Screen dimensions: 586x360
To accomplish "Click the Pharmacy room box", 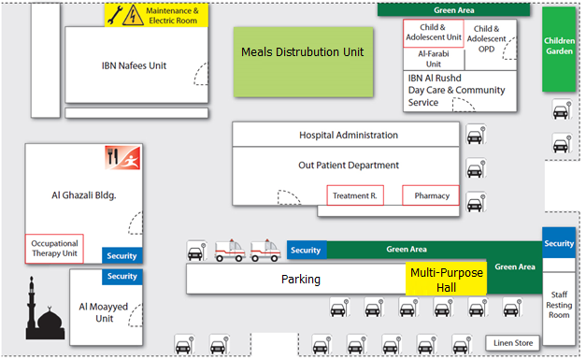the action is (x=431, y=195).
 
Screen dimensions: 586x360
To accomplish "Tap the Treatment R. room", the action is (x=355, y=195).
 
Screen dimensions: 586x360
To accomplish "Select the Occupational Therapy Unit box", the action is (x=54, y=249).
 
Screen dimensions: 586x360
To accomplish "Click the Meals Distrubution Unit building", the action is (x=303, y=62).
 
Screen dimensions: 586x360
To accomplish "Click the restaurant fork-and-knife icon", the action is (x=112, y=157).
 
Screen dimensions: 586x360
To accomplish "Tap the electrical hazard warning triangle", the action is (x=133, y=16).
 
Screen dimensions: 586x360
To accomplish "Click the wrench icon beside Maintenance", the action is (x=115, y=16).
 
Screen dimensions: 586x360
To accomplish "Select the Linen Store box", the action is (x=513, y=343).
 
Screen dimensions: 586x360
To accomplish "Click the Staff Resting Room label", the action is (x=559, y=305).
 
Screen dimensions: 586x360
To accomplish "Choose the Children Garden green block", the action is (x=559, y=49).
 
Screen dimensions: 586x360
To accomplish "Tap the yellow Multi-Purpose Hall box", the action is (x=446, y=279).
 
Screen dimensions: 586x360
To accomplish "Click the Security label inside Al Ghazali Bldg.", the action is (x=121, y=255).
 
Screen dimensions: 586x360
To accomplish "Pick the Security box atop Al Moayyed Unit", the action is (x=122, y=277).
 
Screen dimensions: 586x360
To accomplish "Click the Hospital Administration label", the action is (x=349, y=135).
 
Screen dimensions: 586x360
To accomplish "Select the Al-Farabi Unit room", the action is (x=434, y=59).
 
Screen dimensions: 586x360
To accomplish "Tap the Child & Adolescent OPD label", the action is (x=486, y=39).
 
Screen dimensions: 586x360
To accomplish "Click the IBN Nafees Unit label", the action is (x=134, y=65).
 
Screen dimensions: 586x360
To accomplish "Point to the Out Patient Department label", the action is (x=349, y=166).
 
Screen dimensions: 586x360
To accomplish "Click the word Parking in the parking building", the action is (x=301, y=280).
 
